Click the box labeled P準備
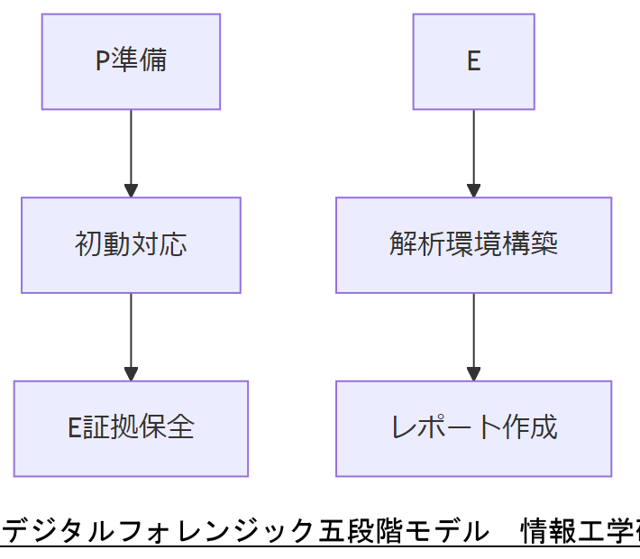pyautogui.click(x=131, y=61)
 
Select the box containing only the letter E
pyautogui.click(x=473, y=61)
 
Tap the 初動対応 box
pyautogui.click(x=131, y=245)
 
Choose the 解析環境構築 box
pyautogui.click(x=473, y=245)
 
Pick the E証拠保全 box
pyautogui.click(x=131, y=428)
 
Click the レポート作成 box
pyautogui.click(x=473, y=428)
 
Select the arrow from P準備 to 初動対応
pyautogui.click(x=131, y=149)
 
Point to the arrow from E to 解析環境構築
pyautogui.click(x=473, y=149)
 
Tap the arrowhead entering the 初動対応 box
pyautogui.click(x=131, y=190)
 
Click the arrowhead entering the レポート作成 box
pyautogui.click(x=473, y=373)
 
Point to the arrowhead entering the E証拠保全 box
pyautogui.click(x=131, y=373)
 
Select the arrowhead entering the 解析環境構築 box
pyautogui.click(x=473, y=190)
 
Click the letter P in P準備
pyautogui.click(x=102, y=61)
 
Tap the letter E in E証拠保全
pyautogui.click(x=75, y=428)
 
